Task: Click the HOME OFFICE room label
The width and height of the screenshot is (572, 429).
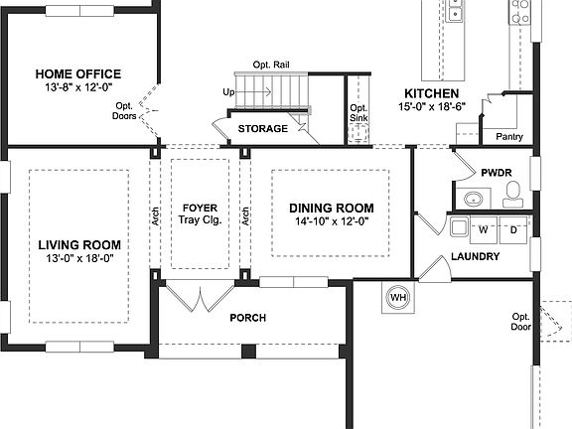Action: pos(77,73)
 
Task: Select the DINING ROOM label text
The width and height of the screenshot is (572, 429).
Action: pos(332,208)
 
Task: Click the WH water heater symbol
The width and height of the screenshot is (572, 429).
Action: pos(398,297)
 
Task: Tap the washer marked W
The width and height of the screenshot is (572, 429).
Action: pos(484,229)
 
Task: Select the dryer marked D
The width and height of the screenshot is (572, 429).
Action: pos(514,229)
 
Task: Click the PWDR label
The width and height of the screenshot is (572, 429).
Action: pos(496,172)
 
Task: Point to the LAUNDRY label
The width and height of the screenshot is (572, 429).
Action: pos(475,256)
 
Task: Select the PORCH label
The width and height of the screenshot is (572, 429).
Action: pos(247,318)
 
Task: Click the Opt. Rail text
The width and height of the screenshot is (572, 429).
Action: pos(271,63)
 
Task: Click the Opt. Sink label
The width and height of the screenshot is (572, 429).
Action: pos(359,112)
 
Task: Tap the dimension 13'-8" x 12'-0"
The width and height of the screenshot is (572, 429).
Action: pos(77,87)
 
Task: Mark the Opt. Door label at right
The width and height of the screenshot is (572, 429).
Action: pos(520,322)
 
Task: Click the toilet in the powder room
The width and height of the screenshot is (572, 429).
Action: pos(512,197)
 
